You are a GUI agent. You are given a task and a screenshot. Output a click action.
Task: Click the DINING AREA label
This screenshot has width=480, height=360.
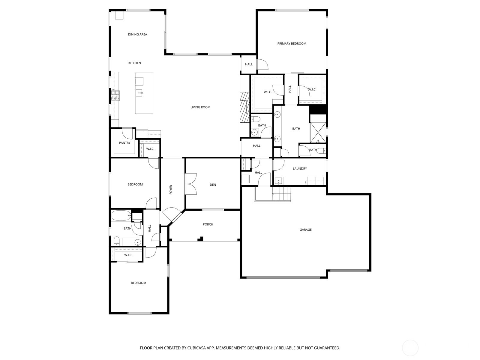137,34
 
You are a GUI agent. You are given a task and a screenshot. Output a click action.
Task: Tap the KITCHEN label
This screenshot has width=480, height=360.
134,63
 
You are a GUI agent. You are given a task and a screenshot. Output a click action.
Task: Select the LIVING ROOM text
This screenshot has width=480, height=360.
200,107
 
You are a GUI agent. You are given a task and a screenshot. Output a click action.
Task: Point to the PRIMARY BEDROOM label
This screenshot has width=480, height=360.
292,43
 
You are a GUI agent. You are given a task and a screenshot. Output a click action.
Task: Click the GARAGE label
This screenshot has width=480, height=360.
305,229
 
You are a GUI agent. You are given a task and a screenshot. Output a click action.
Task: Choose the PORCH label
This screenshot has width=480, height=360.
208,224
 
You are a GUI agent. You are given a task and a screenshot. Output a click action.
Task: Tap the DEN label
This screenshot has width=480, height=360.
213,185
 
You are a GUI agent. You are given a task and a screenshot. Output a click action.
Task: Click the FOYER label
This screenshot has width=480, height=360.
171,190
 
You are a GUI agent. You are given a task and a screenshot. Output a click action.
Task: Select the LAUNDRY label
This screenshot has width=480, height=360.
300,169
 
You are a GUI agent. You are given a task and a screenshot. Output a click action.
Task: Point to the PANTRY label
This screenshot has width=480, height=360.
124,143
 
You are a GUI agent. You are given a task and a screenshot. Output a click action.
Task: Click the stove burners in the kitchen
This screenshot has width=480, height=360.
115,95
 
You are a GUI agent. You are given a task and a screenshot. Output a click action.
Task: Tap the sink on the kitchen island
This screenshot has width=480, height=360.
139,93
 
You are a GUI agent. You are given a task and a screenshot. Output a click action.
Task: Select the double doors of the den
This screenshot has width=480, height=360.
191,184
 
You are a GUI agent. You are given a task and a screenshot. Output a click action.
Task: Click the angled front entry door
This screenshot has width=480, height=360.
172,214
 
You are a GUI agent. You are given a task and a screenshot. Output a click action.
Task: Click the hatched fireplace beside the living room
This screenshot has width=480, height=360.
245,107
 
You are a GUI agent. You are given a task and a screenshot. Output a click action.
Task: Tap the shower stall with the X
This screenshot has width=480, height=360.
318,133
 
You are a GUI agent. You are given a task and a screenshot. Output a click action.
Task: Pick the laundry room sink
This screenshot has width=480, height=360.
279,181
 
